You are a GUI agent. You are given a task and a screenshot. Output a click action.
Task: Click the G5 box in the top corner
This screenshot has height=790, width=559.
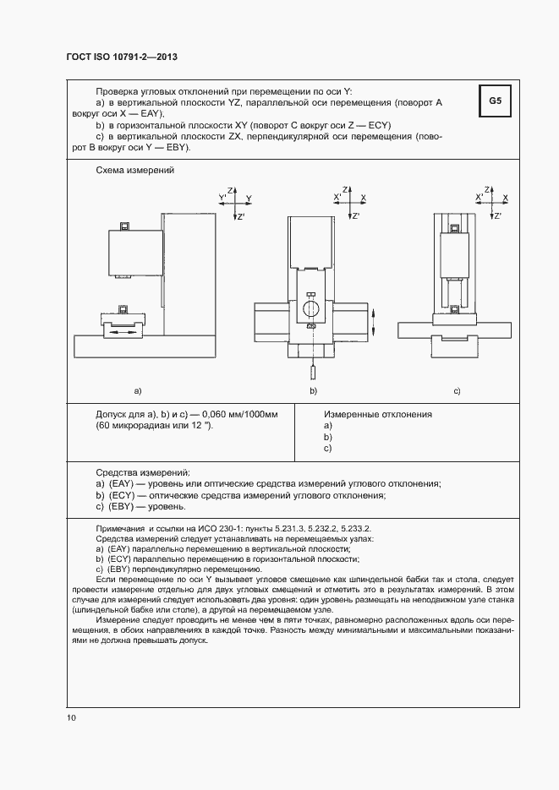tap(495, 103)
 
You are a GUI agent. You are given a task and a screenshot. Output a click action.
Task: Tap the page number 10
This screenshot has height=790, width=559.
tap(71, 717)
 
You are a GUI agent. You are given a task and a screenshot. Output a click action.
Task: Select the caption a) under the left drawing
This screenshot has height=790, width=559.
tap(137, 390)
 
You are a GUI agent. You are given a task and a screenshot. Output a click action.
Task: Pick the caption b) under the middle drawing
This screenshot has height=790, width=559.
tap(313, 390)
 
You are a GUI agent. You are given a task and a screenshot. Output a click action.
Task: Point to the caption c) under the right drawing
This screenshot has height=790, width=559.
tap(457, 390)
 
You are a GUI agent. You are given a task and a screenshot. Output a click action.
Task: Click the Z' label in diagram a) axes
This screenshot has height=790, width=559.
tap(242, 217)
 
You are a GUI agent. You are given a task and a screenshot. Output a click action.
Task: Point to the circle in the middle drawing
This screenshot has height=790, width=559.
tap(311, 305)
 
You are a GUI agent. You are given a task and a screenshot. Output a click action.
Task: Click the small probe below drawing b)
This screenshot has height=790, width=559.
tap(313, 370)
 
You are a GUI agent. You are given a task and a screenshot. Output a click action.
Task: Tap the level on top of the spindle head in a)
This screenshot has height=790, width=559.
tap(124, 226)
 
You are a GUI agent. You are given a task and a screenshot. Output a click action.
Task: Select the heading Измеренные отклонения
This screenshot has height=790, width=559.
tap(378, 414)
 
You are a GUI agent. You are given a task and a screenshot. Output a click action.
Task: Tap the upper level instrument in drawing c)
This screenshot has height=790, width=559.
tap(456, 226)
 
